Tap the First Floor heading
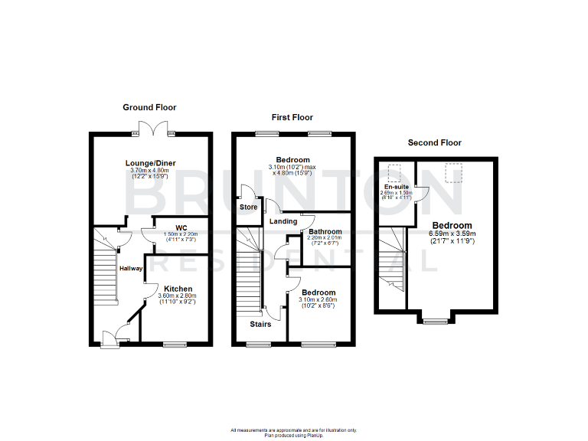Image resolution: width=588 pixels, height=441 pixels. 292,117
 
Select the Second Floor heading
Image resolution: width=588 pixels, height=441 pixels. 434,142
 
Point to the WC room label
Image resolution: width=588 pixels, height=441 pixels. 181,227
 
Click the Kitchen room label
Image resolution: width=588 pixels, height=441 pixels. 178,289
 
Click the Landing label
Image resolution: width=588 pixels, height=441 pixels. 283,221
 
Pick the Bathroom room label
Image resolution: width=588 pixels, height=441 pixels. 325,231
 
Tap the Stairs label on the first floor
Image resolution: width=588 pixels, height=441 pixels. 260,324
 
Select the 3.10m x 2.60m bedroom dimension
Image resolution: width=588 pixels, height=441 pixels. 318,299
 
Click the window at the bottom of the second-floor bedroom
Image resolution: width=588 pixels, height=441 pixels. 436,321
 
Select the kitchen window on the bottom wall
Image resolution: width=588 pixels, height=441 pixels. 175,345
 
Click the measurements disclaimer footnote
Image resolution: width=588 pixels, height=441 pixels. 293,432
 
